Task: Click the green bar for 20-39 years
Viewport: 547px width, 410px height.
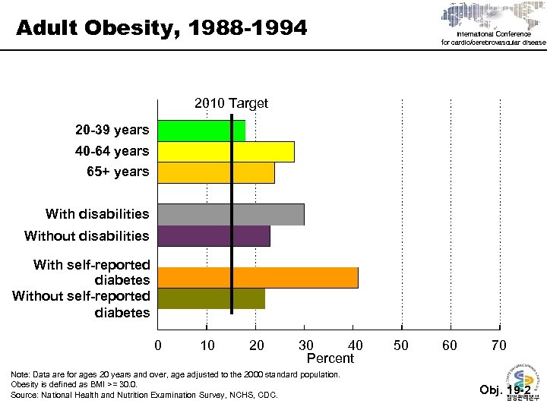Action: coord(201,131)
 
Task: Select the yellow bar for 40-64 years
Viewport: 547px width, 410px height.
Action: coord(226,151)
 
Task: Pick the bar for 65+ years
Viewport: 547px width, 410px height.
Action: coord(216,172)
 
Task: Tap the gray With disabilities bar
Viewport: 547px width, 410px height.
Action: coord(230,214)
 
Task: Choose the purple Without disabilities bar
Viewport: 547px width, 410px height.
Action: coord(213,235)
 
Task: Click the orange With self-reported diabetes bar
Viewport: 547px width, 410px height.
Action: coord(258,277)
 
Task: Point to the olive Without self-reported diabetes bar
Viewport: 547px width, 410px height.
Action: coord(211,298)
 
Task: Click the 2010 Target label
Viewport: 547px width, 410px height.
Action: coord(231,103)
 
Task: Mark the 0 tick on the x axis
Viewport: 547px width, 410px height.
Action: coord(158,346)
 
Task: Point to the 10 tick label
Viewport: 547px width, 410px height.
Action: coord(207,346)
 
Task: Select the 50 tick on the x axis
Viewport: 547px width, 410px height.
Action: coord(401,346)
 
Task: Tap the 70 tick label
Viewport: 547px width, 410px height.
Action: coord(499,346)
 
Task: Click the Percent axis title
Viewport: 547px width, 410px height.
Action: coord(330,358)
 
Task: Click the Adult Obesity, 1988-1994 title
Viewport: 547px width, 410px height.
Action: coord(162,29)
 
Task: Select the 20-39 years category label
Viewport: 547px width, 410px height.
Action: coord(112,131)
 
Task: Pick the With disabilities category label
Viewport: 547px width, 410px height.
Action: coord(97,214)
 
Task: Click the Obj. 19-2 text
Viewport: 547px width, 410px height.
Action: coord(505,390)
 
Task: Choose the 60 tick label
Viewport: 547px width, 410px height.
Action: coord(451,346)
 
